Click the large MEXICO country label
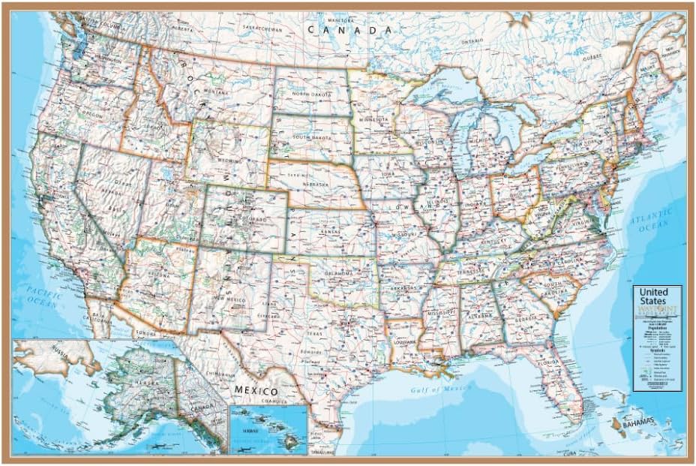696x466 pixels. (256, 391)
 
